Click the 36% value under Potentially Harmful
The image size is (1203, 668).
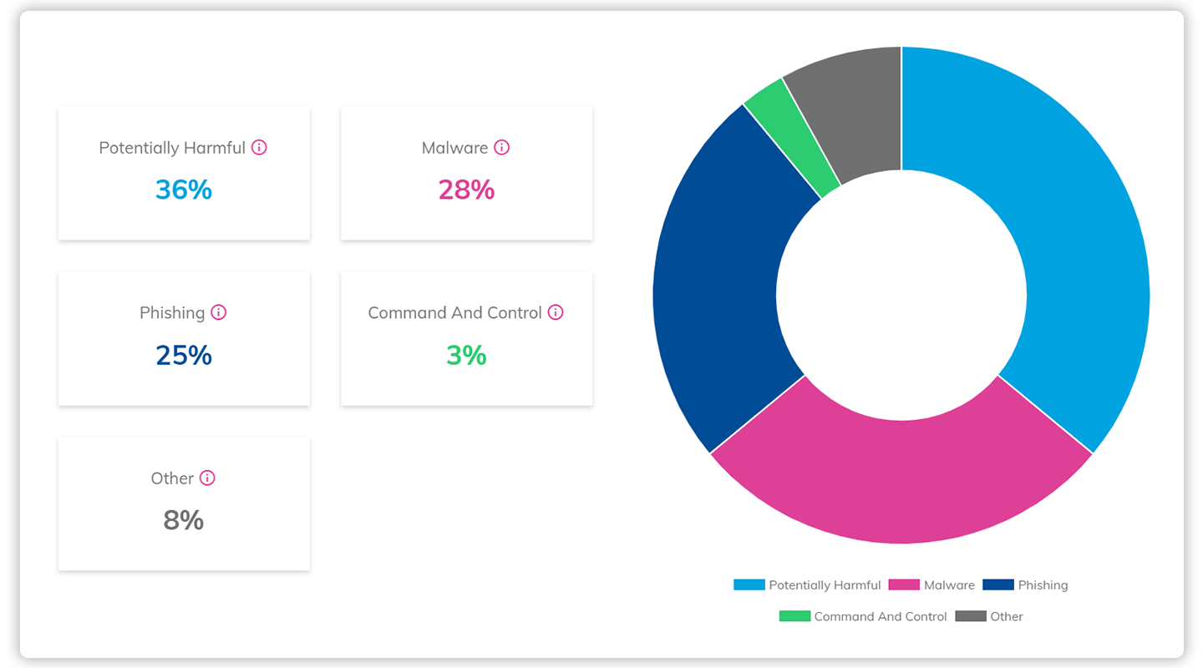(184, 190)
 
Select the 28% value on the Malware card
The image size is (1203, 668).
(466, 190)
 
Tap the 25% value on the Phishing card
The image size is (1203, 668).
(184, 356)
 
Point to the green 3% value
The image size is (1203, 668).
(466, 356)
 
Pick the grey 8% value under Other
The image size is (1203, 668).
(184, 521)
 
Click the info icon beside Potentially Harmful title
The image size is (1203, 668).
(259, 148)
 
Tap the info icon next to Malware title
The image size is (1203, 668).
(501, 148)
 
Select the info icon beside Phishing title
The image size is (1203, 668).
(218, 312)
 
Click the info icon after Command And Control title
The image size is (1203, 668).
(556, 312)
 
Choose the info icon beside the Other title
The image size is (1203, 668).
(207, 478)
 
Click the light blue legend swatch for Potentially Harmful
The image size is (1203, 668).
(749, 585)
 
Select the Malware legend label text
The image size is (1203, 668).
(949, 585)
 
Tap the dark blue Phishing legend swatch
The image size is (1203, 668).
(997, 585)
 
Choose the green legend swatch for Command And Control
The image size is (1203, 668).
(794, 616)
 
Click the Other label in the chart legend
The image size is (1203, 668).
(1007, 616)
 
